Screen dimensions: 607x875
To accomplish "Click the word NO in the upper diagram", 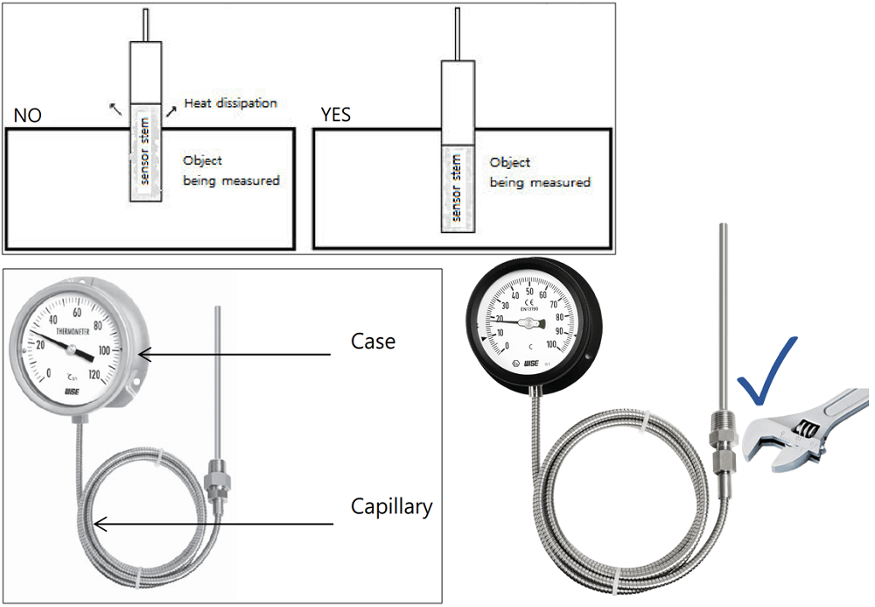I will pos(27,116).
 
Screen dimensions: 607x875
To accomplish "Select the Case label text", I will pos(372,341).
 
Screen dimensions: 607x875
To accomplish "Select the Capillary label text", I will pos(391,506).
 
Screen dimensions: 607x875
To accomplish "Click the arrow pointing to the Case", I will pos(236,355).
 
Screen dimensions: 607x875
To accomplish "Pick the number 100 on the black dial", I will pos(551,348).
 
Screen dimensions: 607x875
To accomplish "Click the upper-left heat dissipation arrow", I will pos(115,108).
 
